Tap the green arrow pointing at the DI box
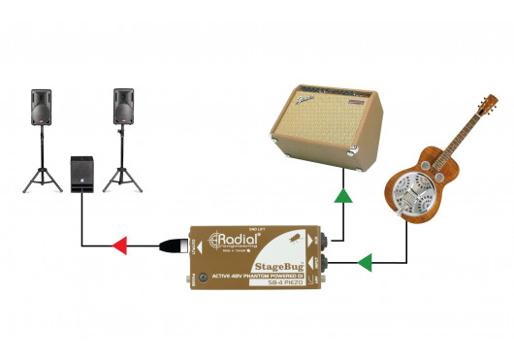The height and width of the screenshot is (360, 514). [x=366, y=261]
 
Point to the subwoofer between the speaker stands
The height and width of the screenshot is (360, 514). [x=82, y=174]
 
